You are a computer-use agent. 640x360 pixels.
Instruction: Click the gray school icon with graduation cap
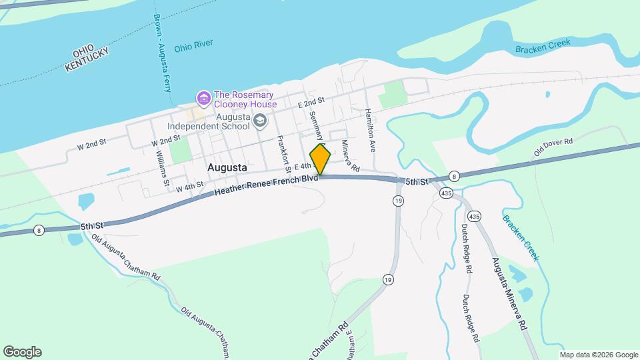[x=259, y=121]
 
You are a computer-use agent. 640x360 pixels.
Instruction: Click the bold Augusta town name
[x=227, y=167]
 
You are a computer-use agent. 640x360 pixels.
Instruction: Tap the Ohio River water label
[x=193, y=48]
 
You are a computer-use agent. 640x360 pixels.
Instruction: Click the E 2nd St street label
[x=311, y=102]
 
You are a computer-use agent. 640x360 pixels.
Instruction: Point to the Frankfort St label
[x=282, y=153]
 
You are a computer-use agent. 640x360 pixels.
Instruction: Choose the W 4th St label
[x=189, y=187]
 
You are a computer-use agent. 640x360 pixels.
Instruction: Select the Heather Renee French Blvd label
[x=265, y=186]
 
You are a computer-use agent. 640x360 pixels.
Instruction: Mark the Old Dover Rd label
[x=553, y=147]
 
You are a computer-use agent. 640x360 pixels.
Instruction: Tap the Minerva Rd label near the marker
[x=351, y=155]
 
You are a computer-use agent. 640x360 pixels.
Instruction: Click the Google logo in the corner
[x=22, y=352]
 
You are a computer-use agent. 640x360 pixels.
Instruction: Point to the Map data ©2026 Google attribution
[x=598, y=355]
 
